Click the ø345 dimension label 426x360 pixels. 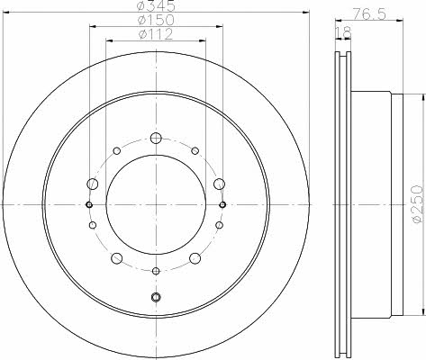[156, 6]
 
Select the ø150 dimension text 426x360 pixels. [156, 20]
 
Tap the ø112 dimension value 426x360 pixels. [156, 34]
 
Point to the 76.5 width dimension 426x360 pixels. [369, 14]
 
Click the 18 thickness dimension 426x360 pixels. [342, 32]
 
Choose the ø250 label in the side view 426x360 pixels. [417, 204]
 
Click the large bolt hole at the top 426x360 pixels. [156, 138]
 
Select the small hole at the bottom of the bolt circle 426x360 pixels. [156, 271]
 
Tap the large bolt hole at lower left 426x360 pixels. [117, 258]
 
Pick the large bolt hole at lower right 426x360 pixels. [195, 258]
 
